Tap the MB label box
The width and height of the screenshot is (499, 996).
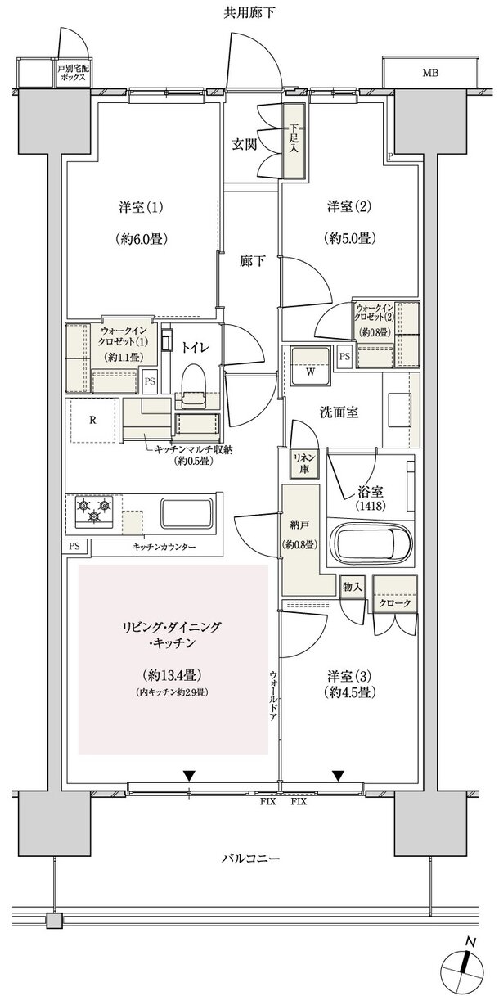[429, 73]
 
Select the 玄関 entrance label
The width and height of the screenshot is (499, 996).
[244, 144]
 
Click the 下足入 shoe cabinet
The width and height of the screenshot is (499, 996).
[293, 141]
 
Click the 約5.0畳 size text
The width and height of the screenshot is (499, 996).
[351, 239]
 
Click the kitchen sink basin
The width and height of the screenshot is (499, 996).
[188, 513]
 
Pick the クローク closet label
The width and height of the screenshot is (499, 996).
[394, 602]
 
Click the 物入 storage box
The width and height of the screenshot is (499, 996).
[353, 586]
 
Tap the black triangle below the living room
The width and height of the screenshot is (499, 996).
[189, 775]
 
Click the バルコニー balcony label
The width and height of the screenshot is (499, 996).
[251, 859]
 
